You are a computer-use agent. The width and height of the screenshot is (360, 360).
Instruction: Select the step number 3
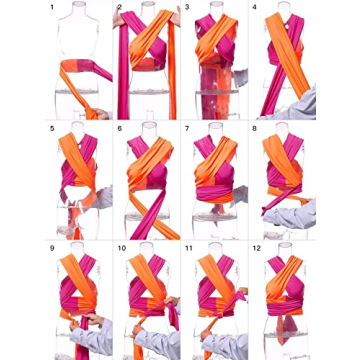point(187,10)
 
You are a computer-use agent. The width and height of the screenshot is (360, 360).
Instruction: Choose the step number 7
point(187,128)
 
